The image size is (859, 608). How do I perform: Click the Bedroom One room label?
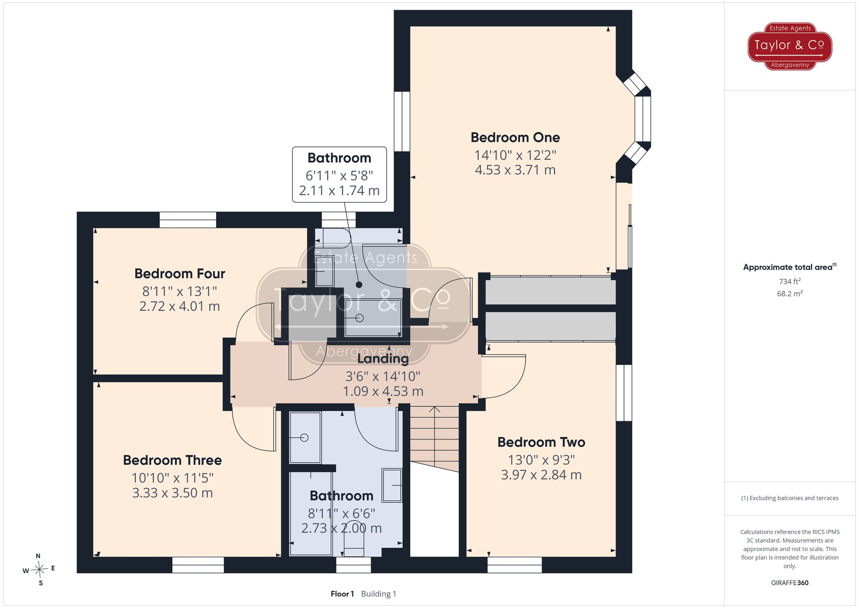[515, 137]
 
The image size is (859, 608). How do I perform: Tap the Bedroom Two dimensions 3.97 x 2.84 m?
[541, 475]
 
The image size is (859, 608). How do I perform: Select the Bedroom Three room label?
[172, 460]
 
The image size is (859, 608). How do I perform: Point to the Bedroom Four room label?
[180, 274]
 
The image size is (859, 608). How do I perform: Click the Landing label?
[383, 359]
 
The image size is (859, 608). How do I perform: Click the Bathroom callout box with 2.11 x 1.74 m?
[339, 174]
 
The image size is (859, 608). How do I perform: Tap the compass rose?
[39, 569]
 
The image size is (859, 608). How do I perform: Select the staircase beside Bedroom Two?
[435, 438]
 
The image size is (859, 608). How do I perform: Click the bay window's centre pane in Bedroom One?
[643, 119]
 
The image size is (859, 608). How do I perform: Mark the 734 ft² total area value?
[790, 281]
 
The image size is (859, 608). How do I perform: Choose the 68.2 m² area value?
[790, 293]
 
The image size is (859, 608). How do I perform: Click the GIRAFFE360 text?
[790, 583]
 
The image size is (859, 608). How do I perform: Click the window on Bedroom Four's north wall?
[188, 220]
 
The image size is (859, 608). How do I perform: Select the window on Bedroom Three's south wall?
[198, 565]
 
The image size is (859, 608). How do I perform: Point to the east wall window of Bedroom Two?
[624, 393]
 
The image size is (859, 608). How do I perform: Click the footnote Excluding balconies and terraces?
[790, 498]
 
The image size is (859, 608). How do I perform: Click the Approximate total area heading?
[790, 267]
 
